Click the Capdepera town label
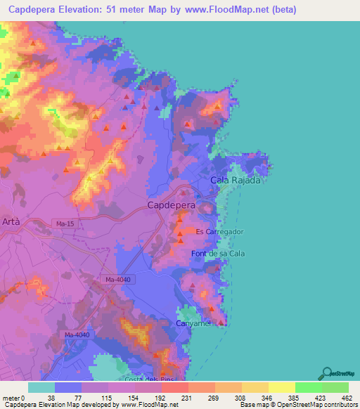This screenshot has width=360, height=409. point(171,205)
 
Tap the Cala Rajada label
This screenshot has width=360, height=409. point(236,181)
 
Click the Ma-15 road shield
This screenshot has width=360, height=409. point(65,223)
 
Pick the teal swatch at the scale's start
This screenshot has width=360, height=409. point(41,387)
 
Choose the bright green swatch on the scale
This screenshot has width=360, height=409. point(309,387)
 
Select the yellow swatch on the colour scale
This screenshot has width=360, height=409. point(282,387)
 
